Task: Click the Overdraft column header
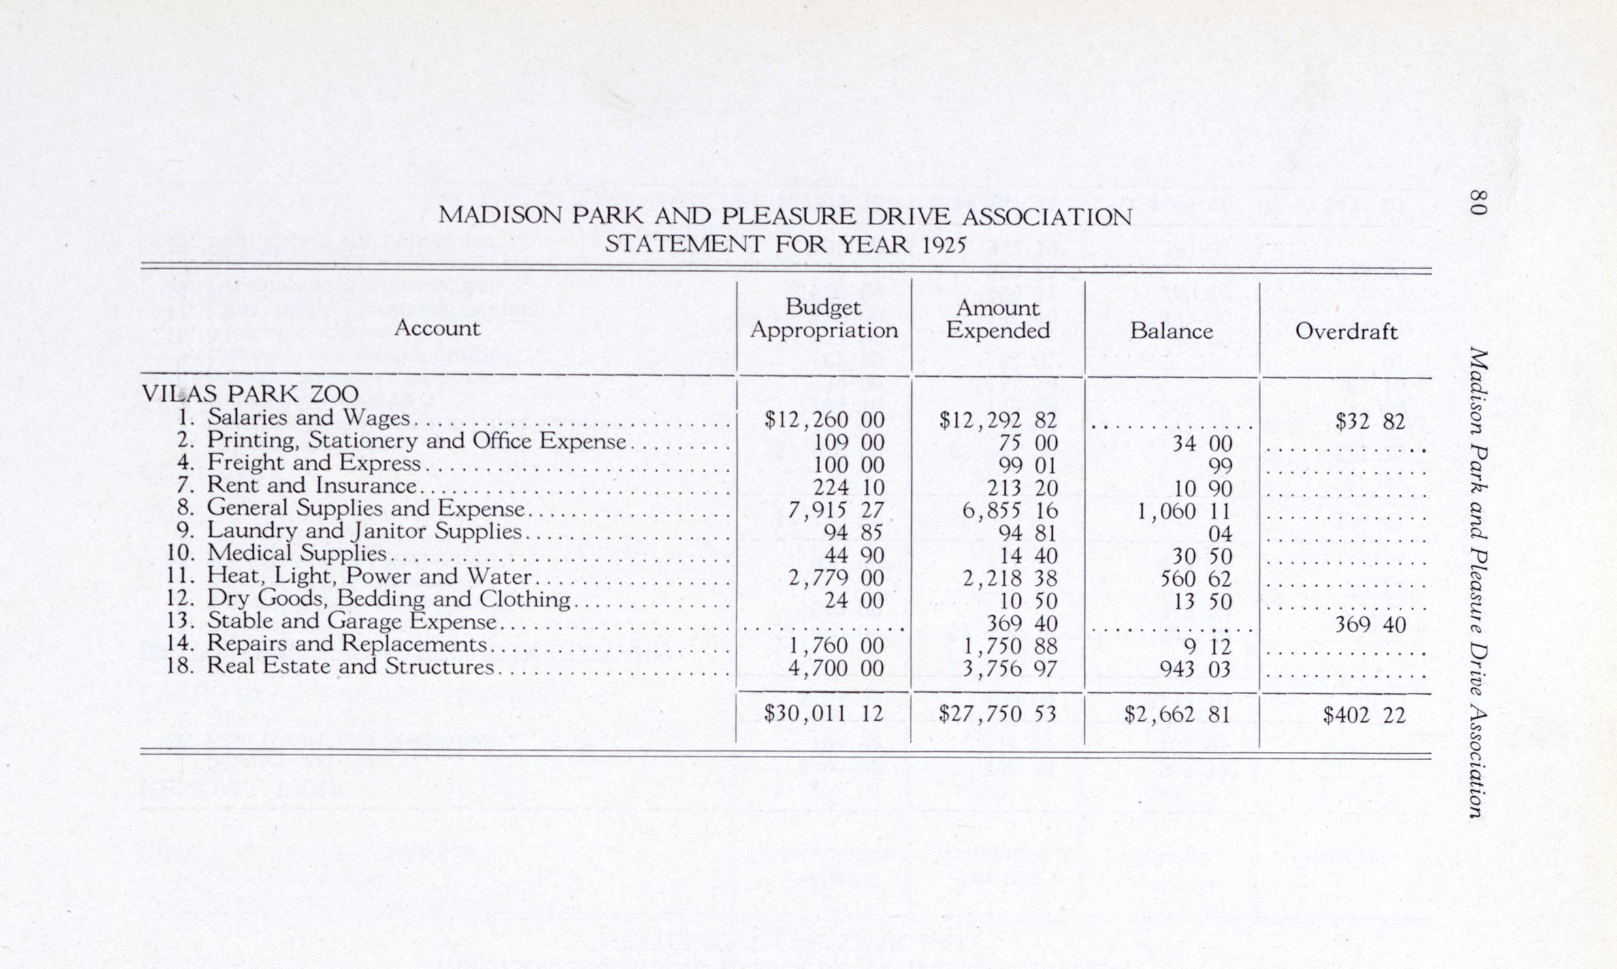(1345, 331)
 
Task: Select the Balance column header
(1171, 331)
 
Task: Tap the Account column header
(437, 329)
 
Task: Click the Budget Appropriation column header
(824, 318)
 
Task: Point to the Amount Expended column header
(998, 318)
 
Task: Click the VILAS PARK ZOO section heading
(250, 394)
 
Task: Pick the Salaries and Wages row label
(308, 417)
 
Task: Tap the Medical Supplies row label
(296, 553)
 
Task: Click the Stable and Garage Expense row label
(351, 621)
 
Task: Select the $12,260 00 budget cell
(824, 420)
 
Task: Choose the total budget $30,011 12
(823, 713)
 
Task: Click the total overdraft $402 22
(1364, 715)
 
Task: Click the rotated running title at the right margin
(1477, 582)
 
